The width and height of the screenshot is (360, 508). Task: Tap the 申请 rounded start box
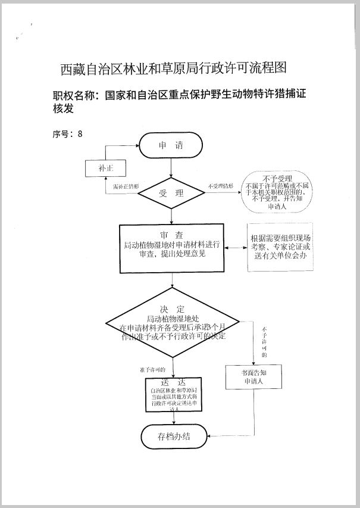click(x=171, y=145)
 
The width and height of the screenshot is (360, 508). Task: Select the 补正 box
click(x=105, y=169)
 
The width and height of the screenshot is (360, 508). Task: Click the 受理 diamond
click(x=171, y=193)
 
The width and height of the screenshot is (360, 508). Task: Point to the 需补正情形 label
click(x=126, y=186)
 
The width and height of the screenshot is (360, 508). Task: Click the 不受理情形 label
click(x=221, y=186)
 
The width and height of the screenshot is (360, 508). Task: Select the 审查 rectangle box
click(x=171, y=247)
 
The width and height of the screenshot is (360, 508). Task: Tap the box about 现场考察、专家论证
click(x=279, y=247)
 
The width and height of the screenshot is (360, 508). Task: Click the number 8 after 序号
click(x=80, y=133)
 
